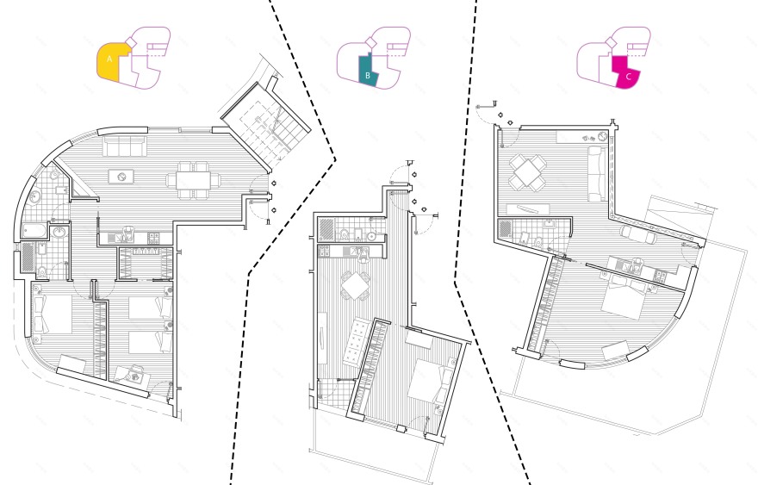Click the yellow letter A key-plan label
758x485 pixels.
tap(109, 59)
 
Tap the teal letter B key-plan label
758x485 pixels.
tap(368, 76)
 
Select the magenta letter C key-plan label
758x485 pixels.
tap(629, 77)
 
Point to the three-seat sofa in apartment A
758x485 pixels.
tap(125, 146)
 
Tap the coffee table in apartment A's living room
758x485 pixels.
tap(121, 177)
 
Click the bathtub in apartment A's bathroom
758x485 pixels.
tap(34, 230)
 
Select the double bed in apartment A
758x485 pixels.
tap(52, 314)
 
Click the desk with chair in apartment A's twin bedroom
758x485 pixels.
tap(130, 374)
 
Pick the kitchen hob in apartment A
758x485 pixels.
tap(153, 238)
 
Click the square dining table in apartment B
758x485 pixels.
tap(355, 286)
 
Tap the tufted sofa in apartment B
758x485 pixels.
tap(356, 342)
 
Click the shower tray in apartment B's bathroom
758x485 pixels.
tap(326, 229)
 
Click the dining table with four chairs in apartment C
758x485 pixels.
tap(527, 172)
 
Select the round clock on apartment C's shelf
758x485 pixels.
tap(602, 136)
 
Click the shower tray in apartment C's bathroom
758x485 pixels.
tap(505, 230)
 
